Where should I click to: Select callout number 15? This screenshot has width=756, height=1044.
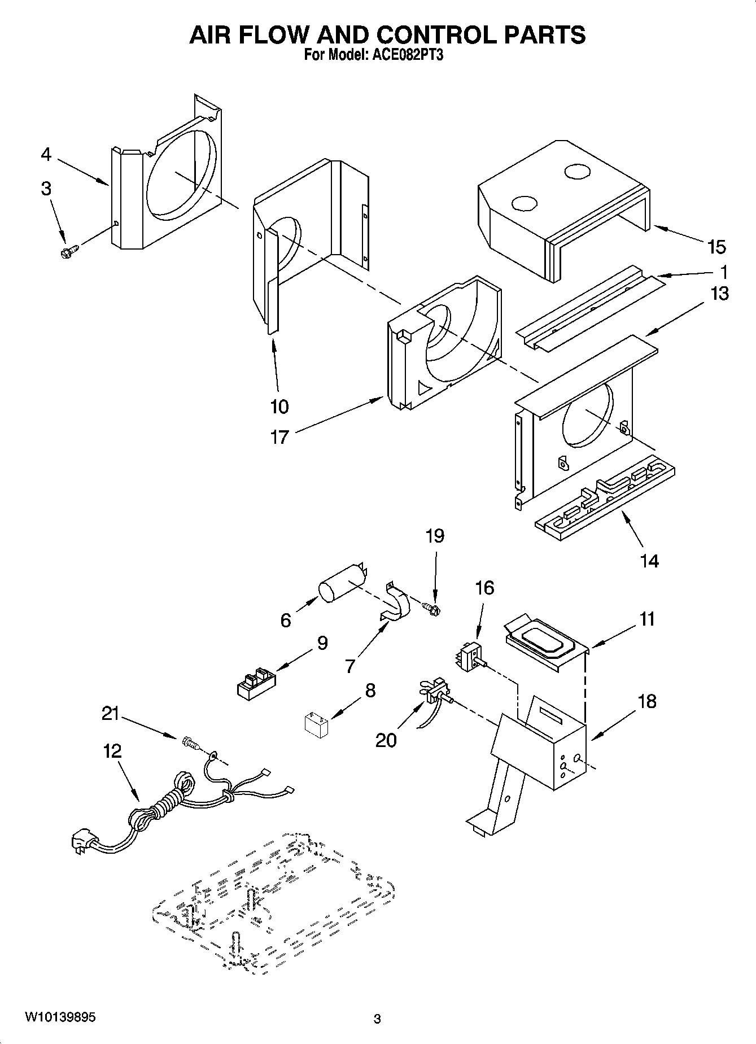[716, 247]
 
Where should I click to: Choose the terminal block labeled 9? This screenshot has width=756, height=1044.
[255, 682]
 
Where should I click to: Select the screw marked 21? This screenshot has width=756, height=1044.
[190, 744]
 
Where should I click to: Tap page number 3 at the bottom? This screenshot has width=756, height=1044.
[377, 1019]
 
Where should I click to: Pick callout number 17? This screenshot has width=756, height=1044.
[279, 436]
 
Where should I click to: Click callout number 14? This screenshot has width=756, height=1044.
[649, 561]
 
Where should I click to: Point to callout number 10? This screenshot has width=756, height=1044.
[279, 406]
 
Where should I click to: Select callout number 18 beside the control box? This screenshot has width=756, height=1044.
[647, 701]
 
